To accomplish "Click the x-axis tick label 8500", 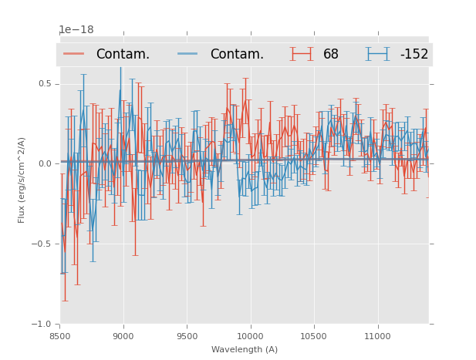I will (x=60, y=336).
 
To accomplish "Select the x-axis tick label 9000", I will (x=123, y=336).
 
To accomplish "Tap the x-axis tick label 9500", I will (x=187, y=336).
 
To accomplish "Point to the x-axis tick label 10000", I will (x=250, y=336).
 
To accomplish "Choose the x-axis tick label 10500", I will (x=313, y=336).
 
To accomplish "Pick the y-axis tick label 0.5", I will (x=45, y=83).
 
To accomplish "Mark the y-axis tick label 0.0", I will (x=45, y=163).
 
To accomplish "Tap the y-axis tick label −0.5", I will (x=42, y=244).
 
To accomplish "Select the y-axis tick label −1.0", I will (x=42, y=324).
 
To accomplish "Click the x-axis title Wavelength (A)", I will (x=245, y=349).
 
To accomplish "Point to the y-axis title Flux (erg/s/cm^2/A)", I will (x=22, y=180).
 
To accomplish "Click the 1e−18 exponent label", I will (x=76, y=30).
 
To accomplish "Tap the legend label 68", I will (x=331, y=54).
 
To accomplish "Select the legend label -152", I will (x=414, y=54).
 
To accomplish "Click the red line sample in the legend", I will (x=74, y=54).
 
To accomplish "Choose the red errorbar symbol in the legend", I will (x=302, y=54).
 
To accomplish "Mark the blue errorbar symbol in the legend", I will (x=378, y=54).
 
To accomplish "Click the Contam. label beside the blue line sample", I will (x=237, y=54).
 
